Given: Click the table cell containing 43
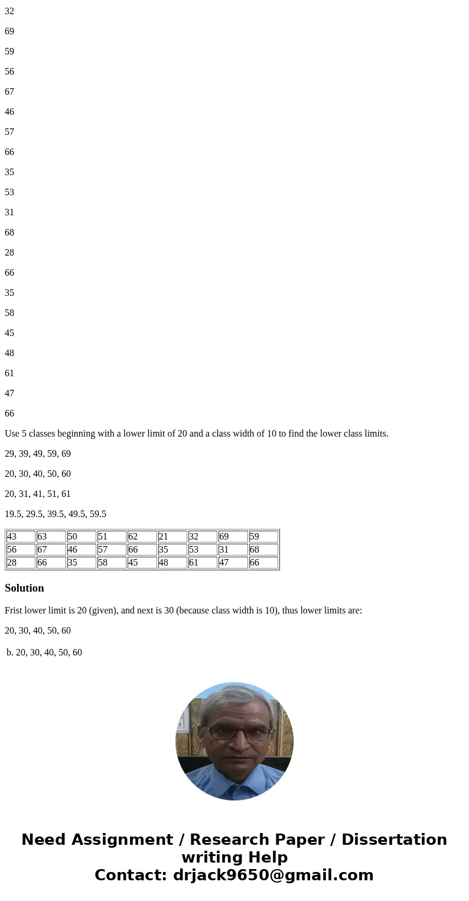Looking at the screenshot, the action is coord(21,537).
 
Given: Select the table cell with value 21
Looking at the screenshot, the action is coord(172,537).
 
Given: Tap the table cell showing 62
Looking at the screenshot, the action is coord(142,537).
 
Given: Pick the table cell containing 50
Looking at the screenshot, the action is coord(81,537).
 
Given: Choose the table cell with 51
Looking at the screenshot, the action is coord(112,537).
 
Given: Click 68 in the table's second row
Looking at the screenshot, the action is coord(263,550).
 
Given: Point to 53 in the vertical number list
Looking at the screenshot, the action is coord(9,192).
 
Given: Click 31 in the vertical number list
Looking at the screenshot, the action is coord(9,212).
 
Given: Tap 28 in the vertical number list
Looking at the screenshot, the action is coord(9,253).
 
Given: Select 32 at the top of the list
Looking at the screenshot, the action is coord(9,11).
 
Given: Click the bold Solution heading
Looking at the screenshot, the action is coord(24,588).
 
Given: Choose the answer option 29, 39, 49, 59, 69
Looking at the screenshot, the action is coord(38,454).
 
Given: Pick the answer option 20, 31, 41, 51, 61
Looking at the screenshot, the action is coord(38,494).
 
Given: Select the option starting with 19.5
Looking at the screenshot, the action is coord(56,514).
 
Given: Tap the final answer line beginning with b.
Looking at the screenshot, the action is coord(44,653).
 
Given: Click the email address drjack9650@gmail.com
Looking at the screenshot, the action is coord(273,875).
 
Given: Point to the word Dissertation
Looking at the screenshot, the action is coord(394,840).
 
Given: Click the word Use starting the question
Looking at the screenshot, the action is coord(12,434).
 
